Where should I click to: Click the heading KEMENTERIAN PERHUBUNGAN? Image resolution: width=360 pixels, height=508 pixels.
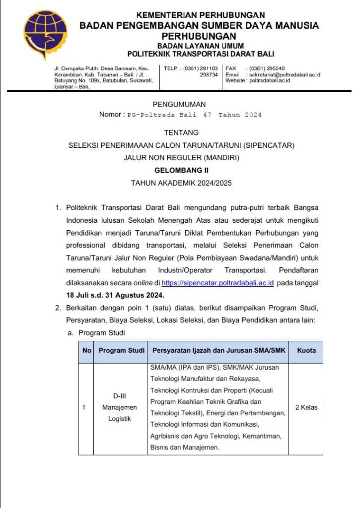click(x=201, y=15)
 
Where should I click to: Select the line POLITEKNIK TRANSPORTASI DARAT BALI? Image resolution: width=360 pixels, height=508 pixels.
click(x=201, y=54)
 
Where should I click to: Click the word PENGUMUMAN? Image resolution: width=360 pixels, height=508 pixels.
click(x=179, y=104)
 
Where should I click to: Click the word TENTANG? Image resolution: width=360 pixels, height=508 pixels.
click(x=181, y=133)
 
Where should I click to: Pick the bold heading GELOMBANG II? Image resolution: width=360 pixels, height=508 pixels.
click(x=181, y=170)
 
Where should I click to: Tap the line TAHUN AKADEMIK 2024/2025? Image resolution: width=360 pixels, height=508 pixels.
click(x=181, y=183)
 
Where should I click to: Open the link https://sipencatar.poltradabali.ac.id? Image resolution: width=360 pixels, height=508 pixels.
click(x=218, y=283)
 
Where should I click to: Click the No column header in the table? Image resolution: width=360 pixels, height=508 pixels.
click(x=87, y=351)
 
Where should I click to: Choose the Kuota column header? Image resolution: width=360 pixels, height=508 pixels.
click(x=306, y=351)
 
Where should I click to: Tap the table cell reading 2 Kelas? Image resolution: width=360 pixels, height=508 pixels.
click(x=306, y=408)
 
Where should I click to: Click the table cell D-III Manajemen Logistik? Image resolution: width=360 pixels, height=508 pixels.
click(x=120, y=408)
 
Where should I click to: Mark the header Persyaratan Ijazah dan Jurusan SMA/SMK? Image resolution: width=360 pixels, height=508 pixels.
click(x=218, y=351)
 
